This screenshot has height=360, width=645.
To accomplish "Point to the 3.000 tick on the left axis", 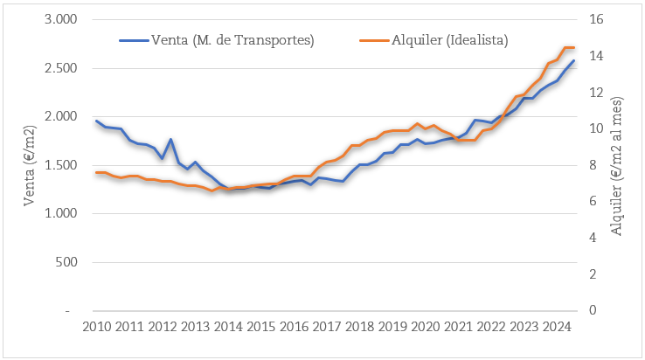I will coord(60,19).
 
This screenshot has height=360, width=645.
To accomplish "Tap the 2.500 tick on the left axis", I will coord(60,68).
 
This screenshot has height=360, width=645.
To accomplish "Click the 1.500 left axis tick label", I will coord(60,165).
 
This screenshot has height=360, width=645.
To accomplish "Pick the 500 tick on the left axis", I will coord(66,262).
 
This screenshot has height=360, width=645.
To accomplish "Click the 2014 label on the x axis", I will coord(227,327).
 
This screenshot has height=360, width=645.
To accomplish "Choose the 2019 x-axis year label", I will coord(392,327).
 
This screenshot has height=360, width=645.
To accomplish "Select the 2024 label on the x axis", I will coord(556,327).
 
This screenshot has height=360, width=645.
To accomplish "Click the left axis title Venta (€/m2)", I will coord(29,165).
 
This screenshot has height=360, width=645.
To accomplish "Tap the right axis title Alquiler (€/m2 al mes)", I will coord(620,165).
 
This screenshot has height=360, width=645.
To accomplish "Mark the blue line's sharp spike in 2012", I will coord(170,140).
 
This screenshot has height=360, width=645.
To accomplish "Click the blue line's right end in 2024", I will coord(573,60).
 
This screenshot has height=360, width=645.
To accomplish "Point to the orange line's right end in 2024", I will coord(573,47).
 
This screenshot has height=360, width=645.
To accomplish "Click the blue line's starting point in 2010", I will coord(96,121).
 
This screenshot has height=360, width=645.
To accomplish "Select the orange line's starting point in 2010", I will coord(96,172).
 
